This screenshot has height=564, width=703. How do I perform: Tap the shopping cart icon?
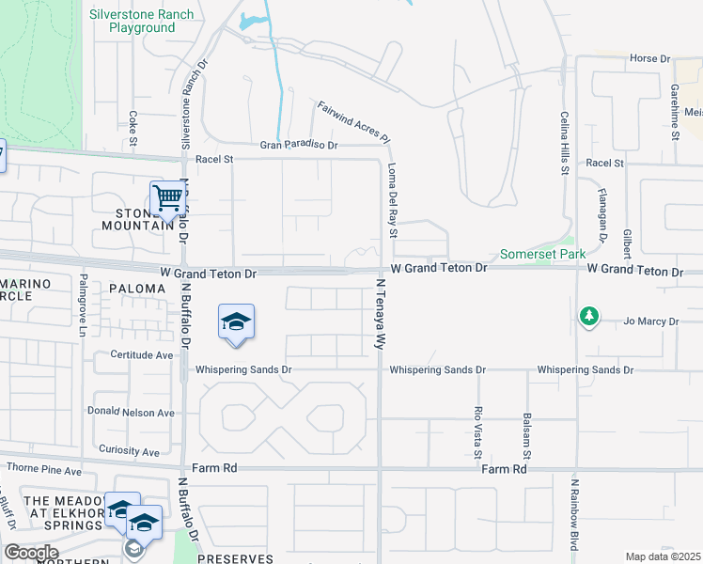[x=167, y=198]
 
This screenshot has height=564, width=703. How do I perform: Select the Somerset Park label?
[x=542, y=254]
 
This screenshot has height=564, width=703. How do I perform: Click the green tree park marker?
[x=589, y=317]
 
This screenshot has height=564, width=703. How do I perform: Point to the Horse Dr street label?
[x=649, y=58]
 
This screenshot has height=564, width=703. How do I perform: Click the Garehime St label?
[x=675, y=110]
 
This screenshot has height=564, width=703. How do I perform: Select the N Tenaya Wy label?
[x=383, y=313]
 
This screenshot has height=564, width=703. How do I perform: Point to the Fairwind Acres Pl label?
[x=354, y=121]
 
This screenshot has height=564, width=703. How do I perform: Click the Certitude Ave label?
[x=142, y=355]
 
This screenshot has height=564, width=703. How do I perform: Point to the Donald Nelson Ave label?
[x=131, y=412]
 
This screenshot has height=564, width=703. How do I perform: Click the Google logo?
[x=31, y=553]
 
